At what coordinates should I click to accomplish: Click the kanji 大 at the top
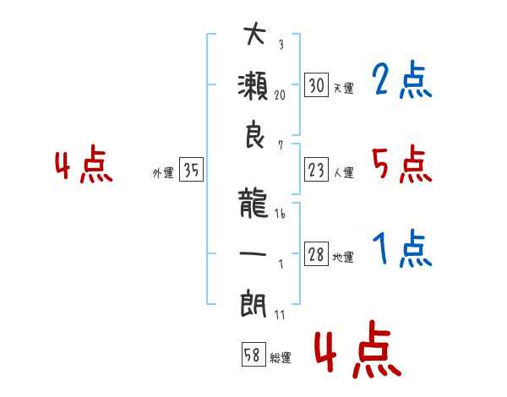pyautogui.click(x=254, y=33)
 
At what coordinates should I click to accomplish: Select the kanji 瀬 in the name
pyautogui.click(x=253, y=85)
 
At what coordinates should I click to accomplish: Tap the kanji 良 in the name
pyautogui.click(x=255, y=134)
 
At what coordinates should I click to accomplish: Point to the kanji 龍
pyautogui.click(x=253, y=204)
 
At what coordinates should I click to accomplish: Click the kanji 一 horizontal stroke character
pyautogui.click(x=253, y=253)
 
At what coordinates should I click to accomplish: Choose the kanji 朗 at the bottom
pyautogui.click(x=253, y=304)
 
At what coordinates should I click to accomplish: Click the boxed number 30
pyautogui.click(x=316, y=85)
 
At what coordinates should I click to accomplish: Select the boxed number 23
pyautogui.click(x=316, y=170)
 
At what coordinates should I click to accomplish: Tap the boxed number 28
pyautogui.click(x=316, y=253)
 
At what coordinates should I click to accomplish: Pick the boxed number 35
pyautogui.click(x=191, y=169)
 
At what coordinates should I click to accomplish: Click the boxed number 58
pyautogui.click(x=253, y=354)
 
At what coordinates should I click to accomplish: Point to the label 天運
pyautogui.click(x=344, y=88)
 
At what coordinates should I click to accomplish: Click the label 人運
pyautogui.click(x=344, y=172)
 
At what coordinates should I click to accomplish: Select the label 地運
pyautogui.click(x=343, y=257)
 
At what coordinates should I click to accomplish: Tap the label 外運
pyautogui.click(x=163, y=172)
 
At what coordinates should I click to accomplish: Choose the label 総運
pyautogui.click(x=281, y=357)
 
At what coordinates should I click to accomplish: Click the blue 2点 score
pyautogui.click(x=402, y=79)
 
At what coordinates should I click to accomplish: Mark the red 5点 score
pyautogui.click(x=402, y=164)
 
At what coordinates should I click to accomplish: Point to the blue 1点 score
pyautogui.click(x=402, y=248)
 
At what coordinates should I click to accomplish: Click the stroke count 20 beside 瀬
pyautogui.click(x=280, y=95)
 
